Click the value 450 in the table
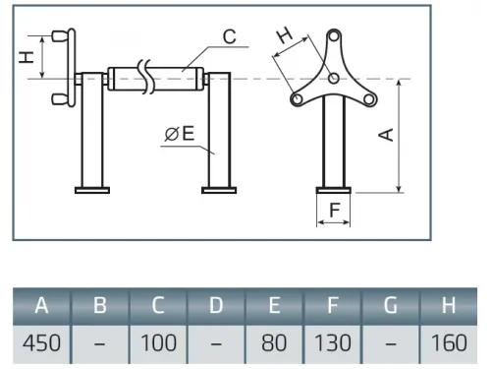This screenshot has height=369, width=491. (x=41, y=343)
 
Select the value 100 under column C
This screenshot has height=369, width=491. (x=158, y=343)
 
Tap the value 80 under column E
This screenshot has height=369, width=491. (x=274, y=343)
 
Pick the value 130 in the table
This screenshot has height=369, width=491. (x=333, y=343)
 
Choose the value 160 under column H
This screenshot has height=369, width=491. (x=449, y=343)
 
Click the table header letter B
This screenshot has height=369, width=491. (x=100, y=305)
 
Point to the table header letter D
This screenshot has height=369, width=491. (x=216, y=305)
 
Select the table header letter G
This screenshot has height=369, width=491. (x=391, y=305)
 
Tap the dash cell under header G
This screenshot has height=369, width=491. (x=391, y=344)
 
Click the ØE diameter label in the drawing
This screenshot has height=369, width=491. (x=180, y=134)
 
